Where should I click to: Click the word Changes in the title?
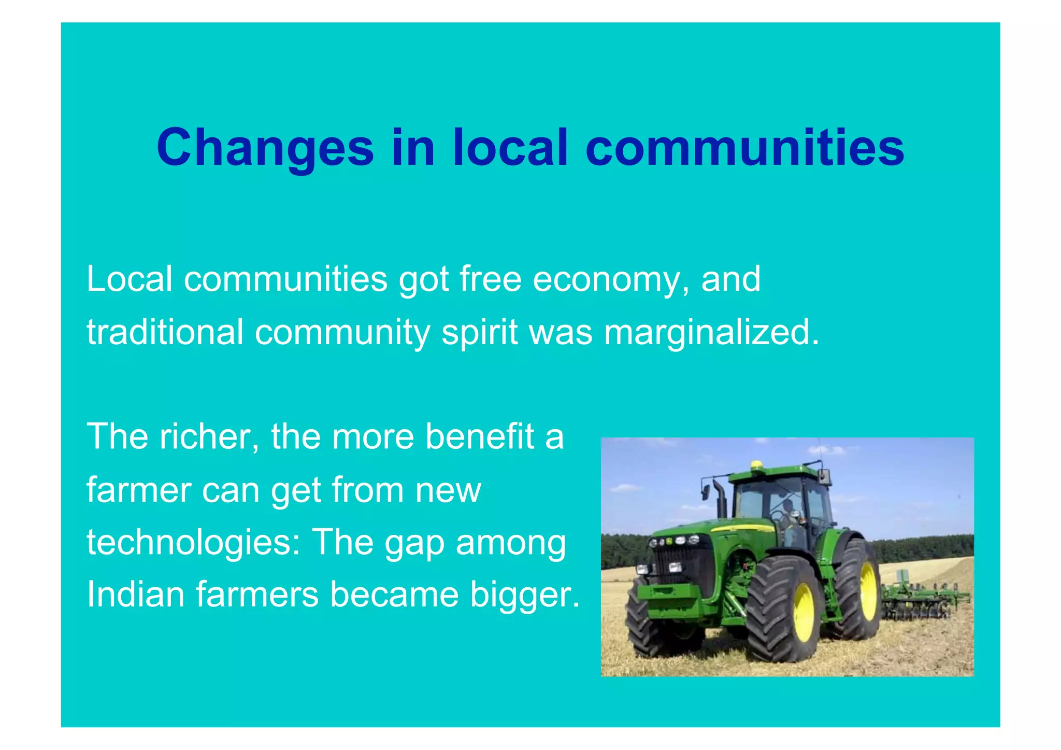(265, 149)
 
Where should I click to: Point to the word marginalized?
(711, 332)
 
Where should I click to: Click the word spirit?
(479, 332)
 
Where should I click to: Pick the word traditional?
(165, 332)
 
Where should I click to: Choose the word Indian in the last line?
(135, 595)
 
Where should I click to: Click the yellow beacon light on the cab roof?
(757, 465)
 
